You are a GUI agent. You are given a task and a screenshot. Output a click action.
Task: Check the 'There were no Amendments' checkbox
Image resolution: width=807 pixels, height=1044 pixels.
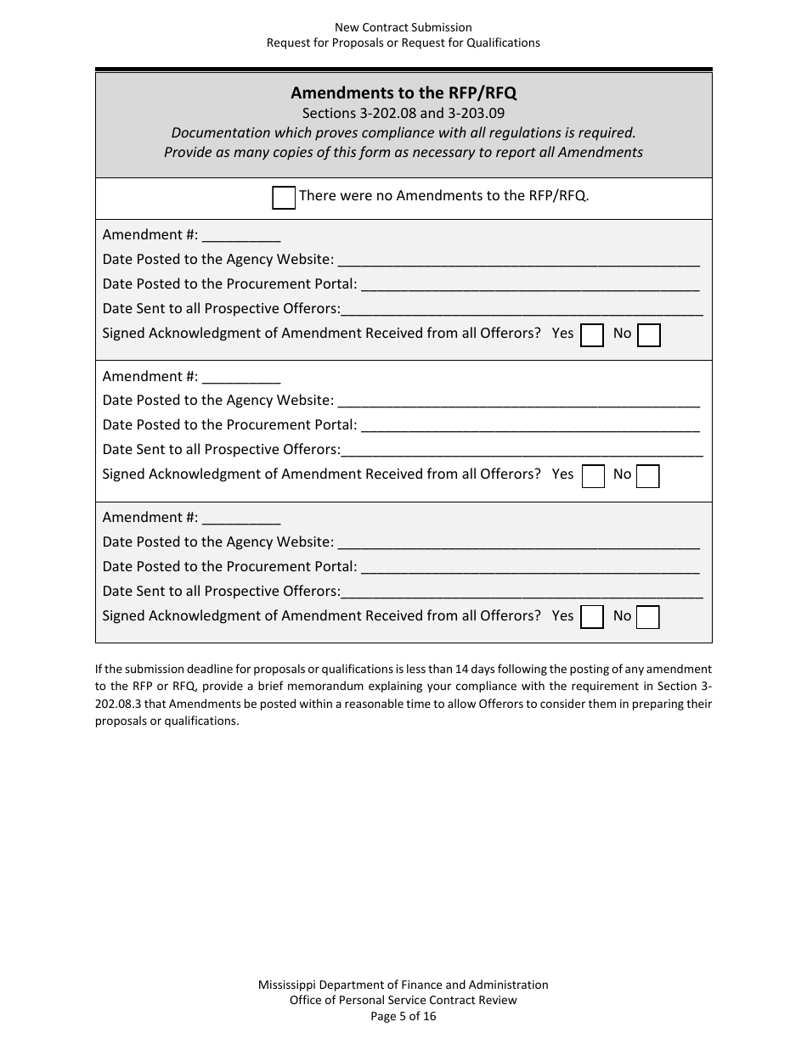(284, 198)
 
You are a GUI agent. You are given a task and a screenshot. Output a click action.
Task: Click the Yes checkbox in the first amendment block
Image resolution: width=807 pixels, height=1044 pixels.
(592, 335)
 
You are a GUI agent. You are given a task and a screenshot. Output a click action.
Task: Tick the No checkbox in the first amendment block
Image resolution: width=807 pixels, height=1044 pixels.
(649, 335)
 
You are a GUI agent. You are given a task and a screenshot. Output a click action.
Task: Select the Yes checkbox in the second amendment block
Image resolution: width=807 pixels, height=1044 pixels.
(592, 476)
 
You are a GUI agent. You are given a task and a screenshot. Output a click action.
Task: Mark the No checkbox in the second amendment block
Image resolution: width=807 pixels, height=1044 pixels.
(649, 476)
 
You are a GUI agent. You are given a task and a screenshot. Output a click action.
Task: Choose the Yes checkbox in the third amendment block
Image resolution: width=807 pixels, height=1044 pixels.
(592, 617)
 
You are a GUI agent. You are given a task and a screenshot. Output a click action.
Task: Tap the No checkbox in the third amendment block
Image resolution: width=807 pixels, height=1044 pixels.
(649, 617)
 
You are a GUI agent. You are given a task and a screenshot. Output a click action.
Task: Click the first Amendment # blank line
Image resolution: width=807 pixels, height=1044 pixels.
(241, 236)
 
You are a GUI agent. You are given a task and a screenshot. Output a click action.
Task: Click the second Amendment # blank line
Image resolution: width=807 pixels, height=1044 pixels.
(241, 377)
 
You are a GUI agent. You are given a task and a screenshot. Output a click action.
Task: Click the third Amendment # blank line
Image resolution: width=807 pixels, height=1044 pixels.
(241, 518)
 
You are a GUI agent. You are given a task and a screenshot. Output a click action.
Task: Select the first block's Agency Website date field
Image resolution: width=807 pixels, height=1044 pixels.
(518, 261)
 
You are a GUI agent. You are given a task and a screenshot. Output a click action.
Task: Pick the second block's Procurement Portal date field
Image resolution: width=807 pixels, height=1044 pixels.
(530, 425)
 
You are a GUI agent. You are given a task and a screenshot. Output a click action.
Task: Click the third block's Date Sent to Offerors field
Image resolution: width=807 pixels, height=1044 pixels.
(522, 592)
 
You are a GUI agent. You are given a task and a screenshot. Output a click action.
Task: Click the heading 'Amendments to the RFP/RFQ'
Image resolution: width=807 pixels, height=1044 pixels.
(403, 93)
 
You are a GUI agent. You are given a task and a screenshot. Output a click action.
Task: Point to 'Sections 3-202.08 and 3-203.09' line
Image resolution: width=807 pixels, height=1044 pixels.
(403, 113)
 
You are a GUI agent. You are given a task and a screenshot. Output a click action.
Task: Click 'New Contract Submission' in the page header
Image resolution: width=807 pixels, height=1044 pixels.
(403, 28)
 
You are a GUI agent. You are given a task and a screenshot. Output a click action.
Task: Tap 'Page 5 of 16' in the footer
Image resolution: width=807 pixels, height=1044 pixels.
(403, 1016)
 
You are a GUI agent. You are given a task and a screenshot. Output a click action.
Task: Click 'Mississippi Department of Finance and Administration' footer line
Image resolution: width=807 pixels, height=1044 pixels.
(403, 985)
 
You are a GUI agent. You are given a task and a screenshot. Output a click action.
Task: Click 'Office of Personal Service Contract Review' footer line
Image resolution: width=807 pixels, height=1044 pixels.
(403, 1000)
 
